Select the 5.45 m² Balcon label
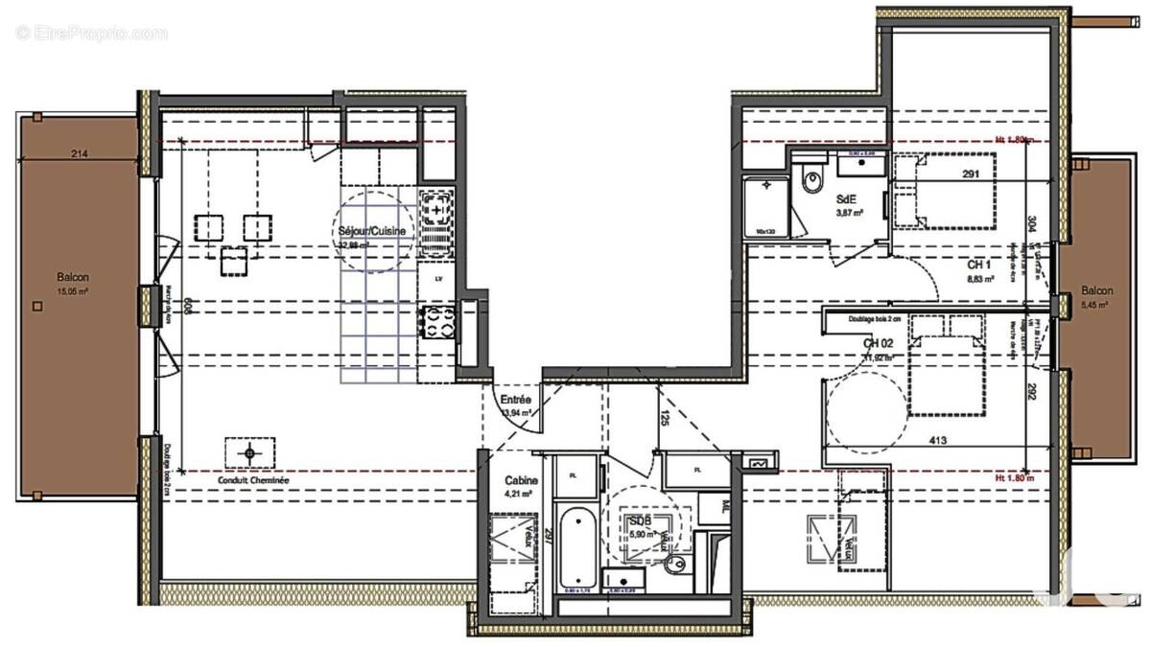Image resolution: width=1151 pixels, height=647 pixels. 1097,291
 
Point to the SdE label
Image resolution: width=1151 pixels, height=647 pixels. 847,198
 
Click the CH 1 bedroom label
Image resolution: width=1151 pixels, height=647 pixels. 977,265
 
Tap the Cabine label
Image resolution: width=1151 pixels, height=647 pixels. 521,481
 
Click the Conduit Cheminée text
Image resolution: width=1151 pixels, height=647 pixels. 253,482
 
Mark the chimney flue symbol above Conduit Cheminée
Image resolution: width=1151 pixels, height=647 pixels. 250,452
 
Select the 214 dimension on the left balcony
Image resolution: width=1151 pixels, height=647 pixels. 80,153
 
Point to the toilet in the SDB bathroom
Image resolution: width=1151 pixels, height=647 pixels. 677,564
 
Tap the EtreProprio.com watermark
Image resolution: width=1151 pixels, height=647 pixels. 91,34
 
